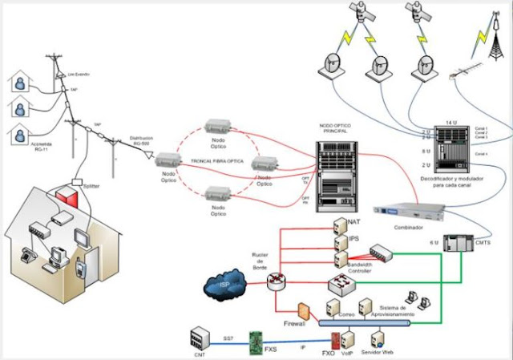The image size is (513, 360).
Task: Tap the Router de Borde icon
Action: [277, 280]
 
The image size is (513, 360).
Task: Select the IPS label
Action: [353, 238]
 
